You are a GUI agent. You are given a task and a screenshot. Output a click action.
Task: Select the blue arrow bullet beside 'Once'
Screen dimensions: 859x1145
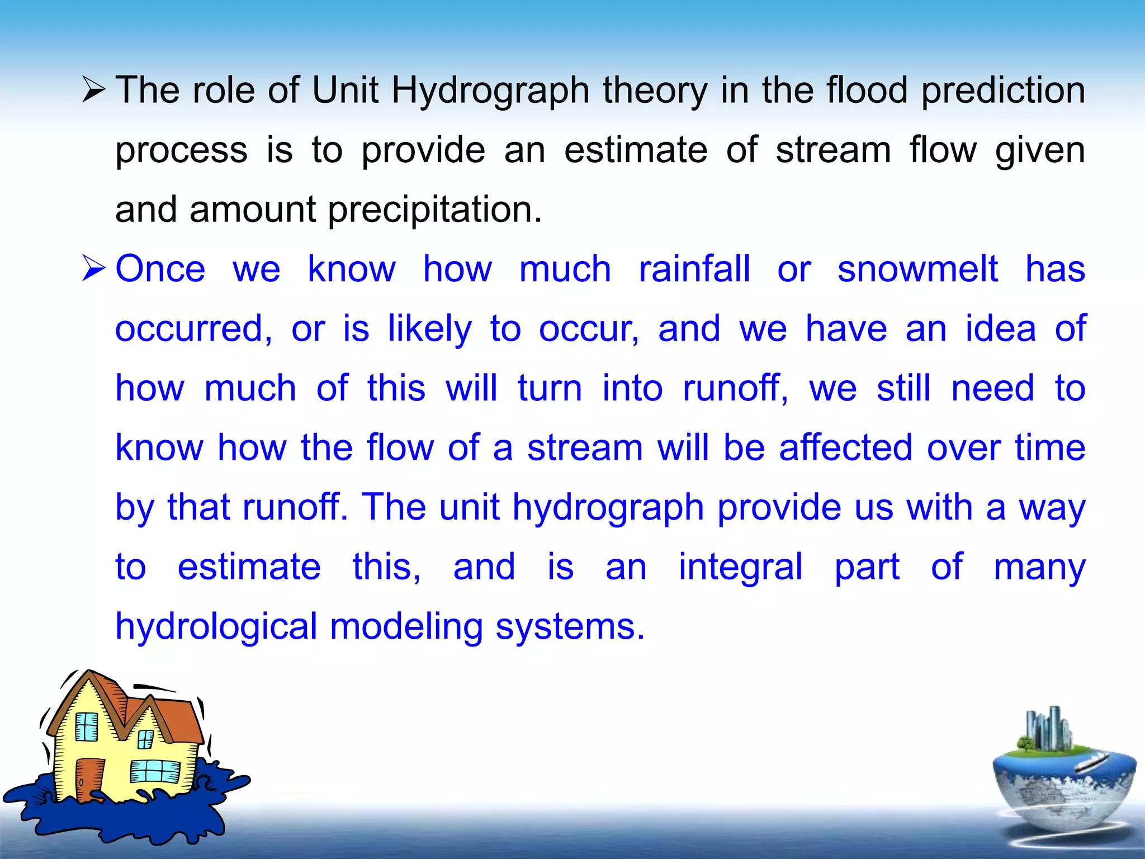pyautogui.click(x=93, y=268)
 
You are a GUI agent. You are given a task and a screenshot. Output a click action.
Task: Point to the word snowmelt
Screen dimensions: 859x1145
pyautogui.click(x=917, y=269)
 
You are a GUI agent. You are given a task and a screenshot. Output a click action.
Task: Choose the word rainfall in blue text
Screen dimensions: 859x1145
pyautogui.click(x=694, y=269)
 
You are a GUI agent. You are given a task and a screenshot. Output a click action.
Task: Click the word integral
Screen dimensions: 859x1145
pyautogui.click(x=741, y=567)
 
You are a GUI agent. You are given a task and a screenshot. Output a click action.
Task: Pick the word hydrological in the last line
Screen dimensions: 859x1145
pyautogui.click(x=216, y=627)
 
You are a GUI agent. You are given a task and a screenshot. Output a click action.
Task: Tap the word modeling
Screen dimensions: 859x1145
pyautogui.click(x=406, y=627)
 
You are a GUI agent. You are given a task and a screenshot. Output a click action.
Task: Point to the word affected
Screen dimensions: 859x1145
pyautogui.click(x=845, y=448)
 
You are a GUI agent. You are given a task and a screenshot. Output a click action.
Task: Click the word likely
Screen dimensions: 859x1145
pyautogui.click(x=429, y=329)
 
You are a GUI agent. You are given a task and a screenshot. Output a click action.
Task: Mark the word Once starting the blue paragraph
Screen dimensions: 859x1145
pyautogui.click(x=160, y=269)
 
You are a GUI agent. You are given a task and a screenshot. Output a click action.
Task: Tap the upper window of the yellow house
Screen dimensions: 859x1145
pyautogui.click(x=87, y=727)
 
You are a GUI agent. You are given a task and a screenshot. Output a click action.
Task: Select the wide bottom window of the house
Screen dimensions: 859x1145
pyautogui.click(x=155, y=772)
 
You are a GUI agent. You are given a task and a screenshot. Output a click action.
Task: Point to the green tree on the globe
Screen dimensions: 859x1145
pyautogui.click(x=1025, y=744)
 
